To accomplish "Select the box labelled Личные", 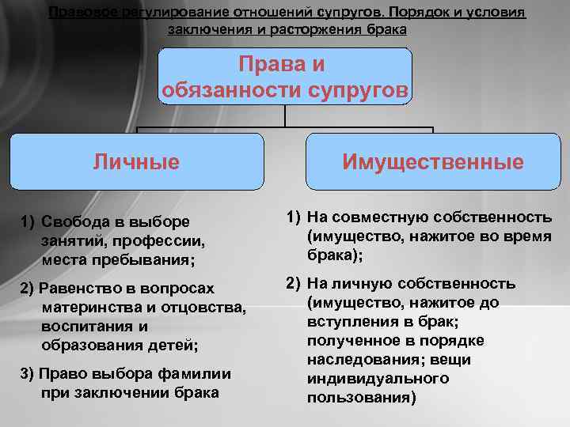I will click(x=136, y=161).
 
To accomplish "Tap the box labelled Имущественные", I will click(x=432, y=161).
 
